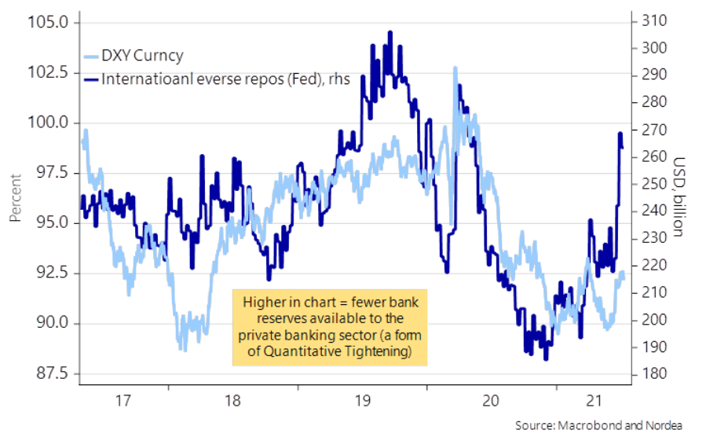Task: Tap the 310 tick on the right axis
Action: click(x=651, y=21)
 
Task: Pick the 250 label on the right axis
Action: click(x=651, y=184)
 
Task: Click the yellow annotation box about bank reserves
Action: click(x=329, y=327)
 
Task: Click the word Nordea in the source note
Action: click(x=663, y=425)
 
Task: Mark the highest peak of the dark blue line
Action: click(x=390, y=32)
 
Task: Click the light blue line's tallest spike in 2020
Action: click(x=455, y=68)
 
